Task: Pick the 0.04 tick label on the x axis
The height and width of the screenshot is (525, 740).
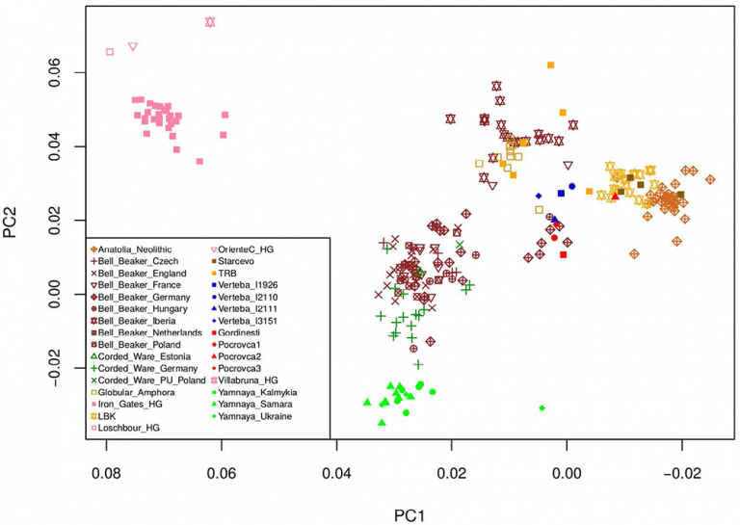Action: pyautogui.click(x=336, y=473)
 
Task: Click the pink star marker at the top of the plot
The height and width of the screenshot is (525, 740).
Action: pyautogui.click(x=210, y=21)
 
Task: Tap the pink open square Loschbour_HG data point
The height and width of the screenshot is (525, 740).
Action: pyautogui.click(x=110, y=52)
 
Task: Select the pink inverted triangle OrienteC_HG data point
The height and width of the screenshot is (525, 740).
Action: pyautogui.click(x=133, y=46)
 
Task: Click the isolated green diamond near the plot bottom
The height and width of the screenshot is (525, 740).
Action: pyautogui.click(x=542, y=408)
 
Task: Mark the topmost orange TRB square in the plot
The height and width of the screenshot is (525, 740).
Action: pyautogui.click(x=551, y=66)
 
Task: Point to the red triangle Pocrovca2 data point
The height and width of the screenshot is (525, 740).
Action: pyautogui.click(x=615, y=197)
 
